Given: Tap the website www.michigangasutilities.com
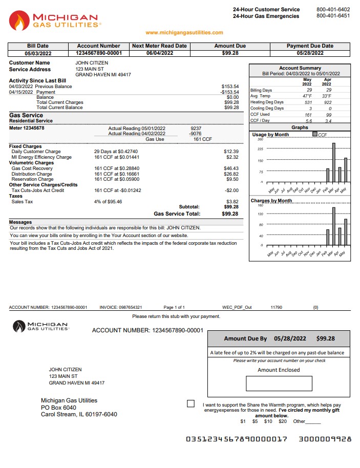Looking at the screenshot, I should [184, 33].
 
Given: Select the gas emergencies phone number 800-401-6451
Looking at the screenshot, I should [333, 16].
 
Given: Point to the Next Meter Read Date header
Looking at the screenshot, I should [159, 46].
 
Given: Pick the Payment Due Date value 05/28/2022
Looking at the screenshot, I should [310, 53].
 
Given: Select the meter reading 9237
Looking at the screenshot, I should [196, 129].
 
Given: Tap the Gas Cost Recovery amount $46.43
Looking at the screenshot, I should [231, 168].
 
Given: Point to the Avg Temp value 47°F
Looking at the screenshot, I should [307, 96].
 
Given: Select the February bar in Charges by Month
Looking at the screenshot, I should [328, 237].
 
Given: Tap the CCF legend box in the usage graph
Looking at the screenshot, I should [315, 135].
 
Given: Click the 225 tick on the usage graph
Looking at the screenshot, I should [260, 150].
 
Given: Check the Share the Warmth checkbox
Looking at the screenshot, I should [191, 403].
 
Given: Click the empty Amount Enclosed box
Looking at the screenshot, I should [279, 384].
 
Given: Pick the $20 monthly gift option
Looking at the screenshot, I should [282, 421].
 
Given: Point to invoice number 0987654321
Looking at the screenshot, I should [128, 307].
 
